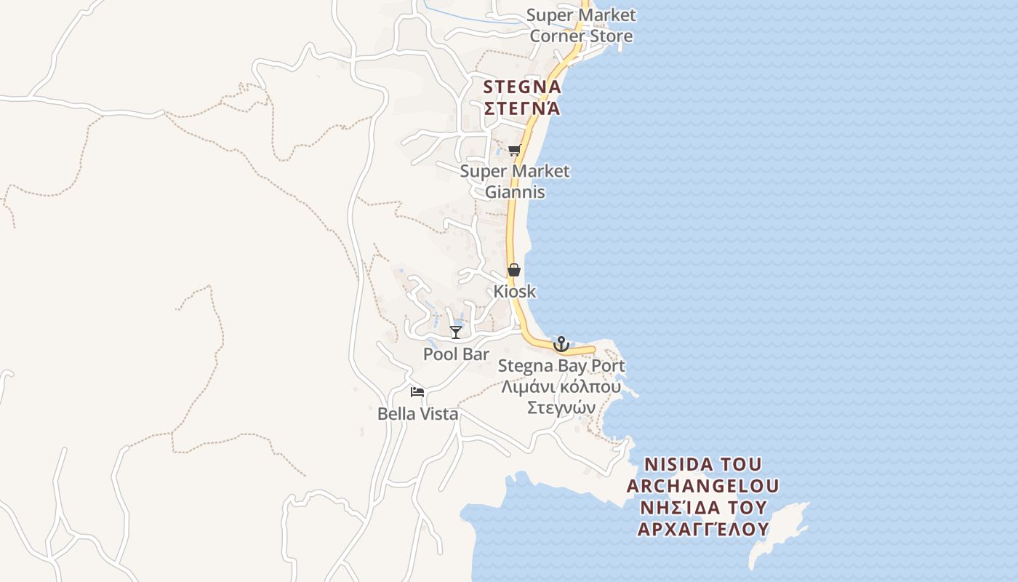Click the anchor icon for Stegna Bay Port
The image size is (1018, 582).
[561, 343]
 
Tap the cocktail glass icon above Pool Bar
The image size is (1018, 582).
[456, 332]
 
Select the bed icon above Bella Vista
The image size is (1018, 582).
[417, 392]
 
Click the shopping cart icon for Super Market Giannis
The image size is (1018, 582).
[515, 151]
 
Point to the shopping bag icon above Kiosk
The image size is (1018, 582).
[514, 270]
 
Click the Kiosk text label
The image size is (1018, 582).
[515, 292]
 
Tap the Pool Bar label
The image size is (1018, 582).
[456, 354]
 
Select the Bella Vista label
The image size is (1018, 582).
[417, 414]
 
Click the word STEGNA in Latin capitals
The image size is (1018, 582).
[522, 87]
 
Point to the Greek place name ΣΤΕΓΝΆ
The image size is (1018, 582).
[522, 108]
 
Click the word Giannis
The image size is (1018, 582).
[515, 193]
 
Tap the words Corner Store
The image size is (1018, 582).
[581, 36]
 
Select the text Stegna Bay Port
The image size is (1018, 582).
[561, 366]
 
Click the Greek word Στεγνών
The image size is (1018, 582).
[561, 407]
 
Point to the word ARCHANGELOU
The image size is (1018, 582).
[702, 485]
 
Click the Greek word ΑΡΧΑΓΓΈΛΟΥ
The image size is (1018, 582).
[702, 529]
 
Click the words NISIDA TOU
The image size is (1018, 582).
[702, 464]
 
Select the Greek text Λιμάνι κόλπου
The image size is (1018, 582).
[561, 386]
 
